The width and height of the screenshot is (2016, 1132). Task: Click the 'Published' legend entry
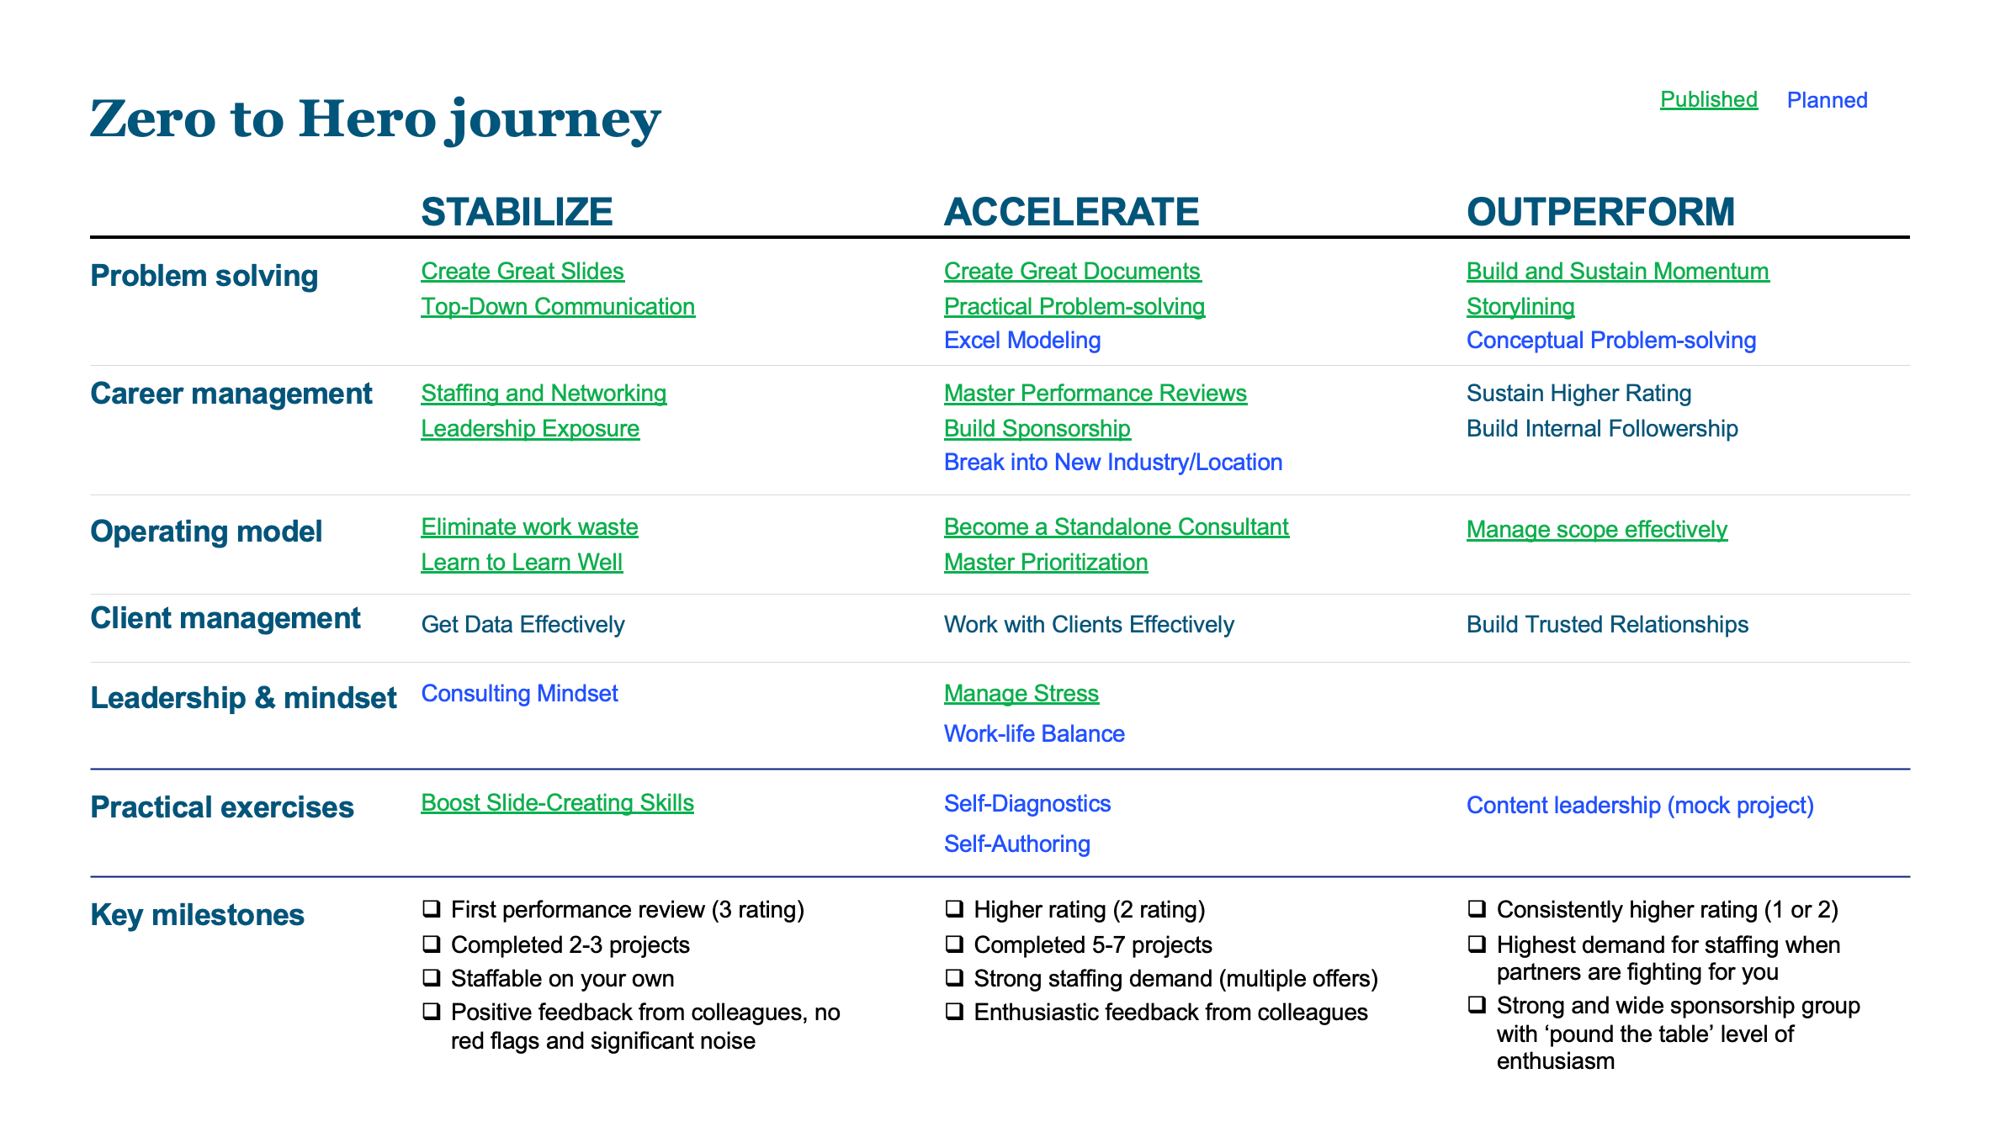point(1708,99)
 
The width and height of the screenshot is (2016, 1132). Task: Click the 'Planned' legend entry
point(1827,100)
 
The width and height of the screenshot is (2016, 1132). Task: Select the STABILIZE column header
point(517,211)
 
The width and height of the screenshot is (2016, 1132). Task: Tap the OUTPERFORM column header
point(1600,211)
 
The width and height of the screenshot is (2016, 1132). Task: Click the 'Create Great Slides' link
point(522,271)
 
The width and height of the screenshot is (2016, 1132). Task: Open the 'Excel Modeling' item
point(1021,340)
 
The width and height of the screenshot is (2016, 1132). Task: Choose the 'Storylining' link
point(1520,306)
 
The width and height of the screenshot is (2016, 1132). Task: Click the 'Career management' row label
point(231,394)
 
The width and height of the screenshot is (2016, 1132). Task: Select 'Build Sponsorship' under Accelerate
point(1037,428)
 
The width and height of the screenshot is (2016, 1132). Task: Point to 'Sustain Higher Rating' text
point(1578,393)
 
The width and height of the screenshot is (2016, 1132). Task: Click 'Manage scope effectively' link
point(1596,529)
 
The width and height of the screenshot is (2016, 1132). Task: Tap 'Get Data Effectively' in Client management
point(523,624)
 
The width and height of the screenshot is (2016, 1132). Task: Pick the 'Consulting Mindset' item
point(519,693)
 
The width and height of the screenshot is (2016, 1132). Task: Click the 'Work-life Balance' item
point(1033,733)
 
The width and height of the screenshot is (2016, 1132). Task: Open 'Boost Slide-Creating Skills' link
point(557,802)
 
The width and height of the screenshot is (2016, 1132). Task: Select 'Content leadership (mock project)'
point(1639,805)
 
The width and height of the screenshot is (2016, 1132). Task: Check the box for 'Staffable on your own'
point(432,977)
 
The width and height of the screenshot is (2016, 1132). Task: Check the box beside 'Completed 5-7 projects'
point(954,944)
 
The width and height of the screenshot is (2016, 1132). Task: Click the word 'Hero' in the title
point(367,119)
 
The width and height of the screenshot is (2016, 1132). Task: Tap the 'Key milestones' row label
point(197,914)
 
